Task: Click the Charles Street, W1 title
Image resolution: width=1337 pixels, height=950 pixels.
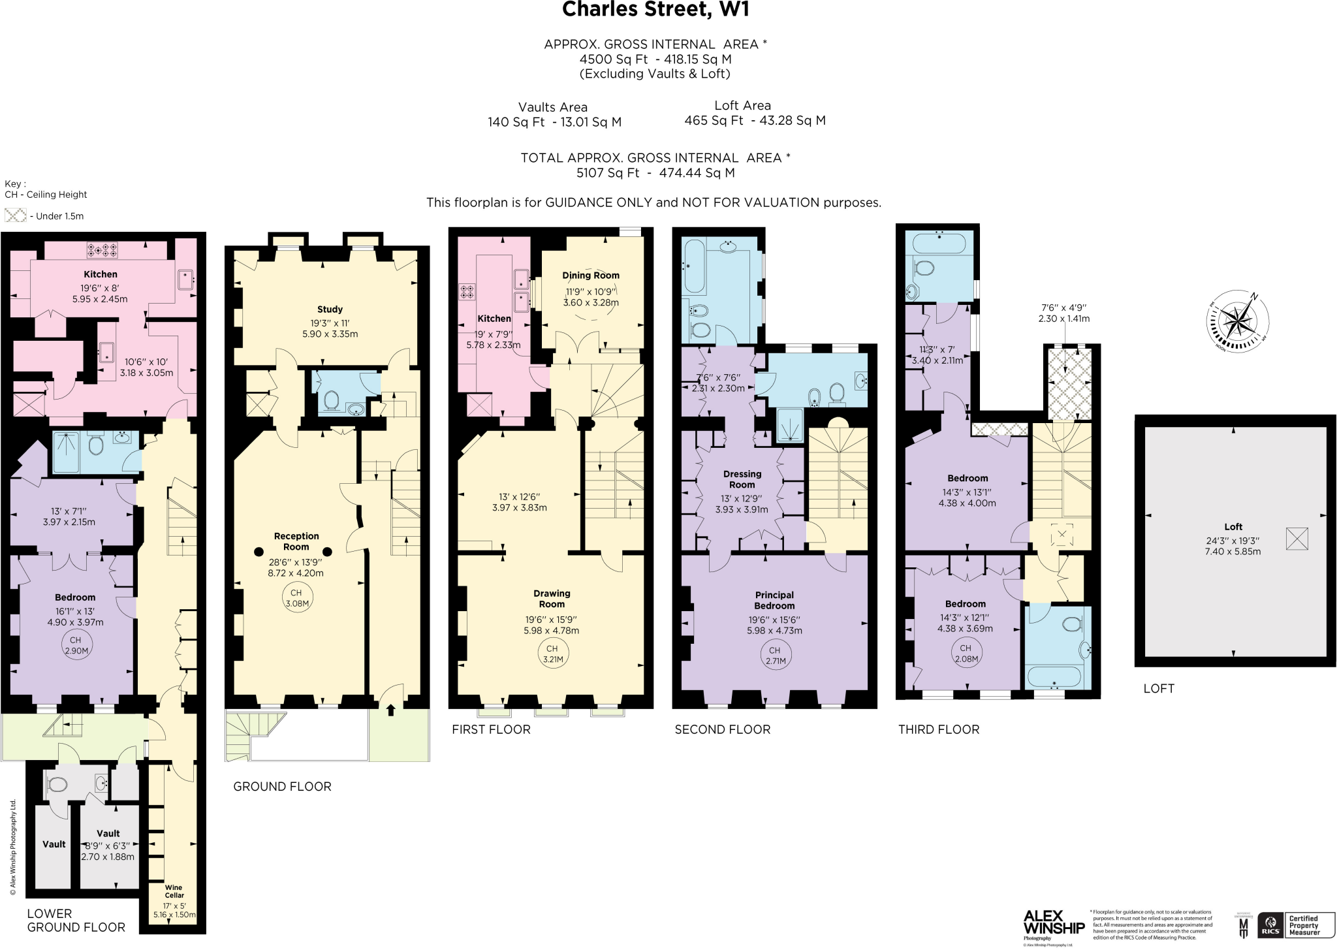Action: tap(655, 10)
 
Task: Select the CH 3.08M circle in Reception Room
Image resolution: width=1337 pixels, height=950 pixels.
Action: tap(296, 598)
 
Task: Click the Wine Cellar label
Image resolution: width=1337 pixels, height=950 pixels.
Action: tap(174, 891)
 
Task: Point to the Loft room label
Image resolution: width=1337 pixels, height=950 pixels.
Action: tap(1233, 527)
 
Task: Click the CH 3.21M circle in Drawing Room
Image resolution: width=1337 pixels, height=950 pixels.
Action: tap(552, 654)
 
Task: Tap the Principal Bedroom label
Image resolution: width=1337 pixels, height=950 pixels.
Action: tap(774, 600)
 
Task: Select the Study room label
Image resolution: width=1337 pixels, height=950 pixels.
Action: tap(330, 309)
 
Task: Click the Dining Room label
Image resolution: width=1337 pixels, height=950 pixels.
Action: tap(591, 276)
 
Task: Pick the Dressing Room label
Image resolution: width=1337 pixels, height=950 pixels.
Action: tap(742, 479)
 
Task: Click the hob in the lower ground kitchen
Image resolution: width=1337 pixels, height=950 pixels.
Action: tap(103, 249)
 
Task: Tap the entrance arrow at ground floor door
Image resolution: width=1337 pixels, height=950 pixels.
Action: tap(391, 710)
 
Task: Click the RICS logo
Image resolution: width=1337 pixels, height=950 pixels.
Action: tap(1270, 925)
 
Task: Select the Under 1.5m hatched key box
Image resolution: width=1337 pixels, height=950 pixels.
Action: tap(15, 215)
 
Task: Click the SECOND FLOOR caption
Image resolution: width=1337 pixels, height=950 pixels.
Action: tap(723, 729)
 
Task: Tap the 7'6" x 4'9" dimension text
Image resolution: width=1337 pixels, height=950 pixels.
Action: tap(1063, 308)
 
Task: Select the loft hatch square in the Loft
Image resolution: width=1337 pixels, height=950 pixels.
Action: tap(1297, 539)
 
